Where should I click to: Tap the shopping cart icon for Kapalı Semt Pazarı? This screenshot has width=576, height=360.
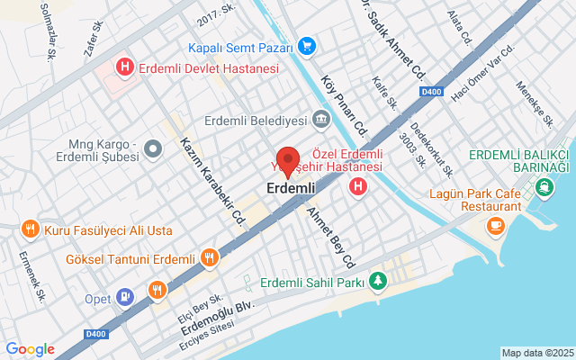[x=307, y=46]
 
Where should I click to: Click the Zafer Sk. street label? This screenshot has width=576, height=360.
[x=94, y=40]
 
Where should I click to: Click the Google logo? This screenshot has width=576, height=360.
[x=30, y=349]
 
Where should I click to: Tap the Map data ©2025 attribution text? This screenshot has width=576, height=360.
[x=536, y=353]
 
